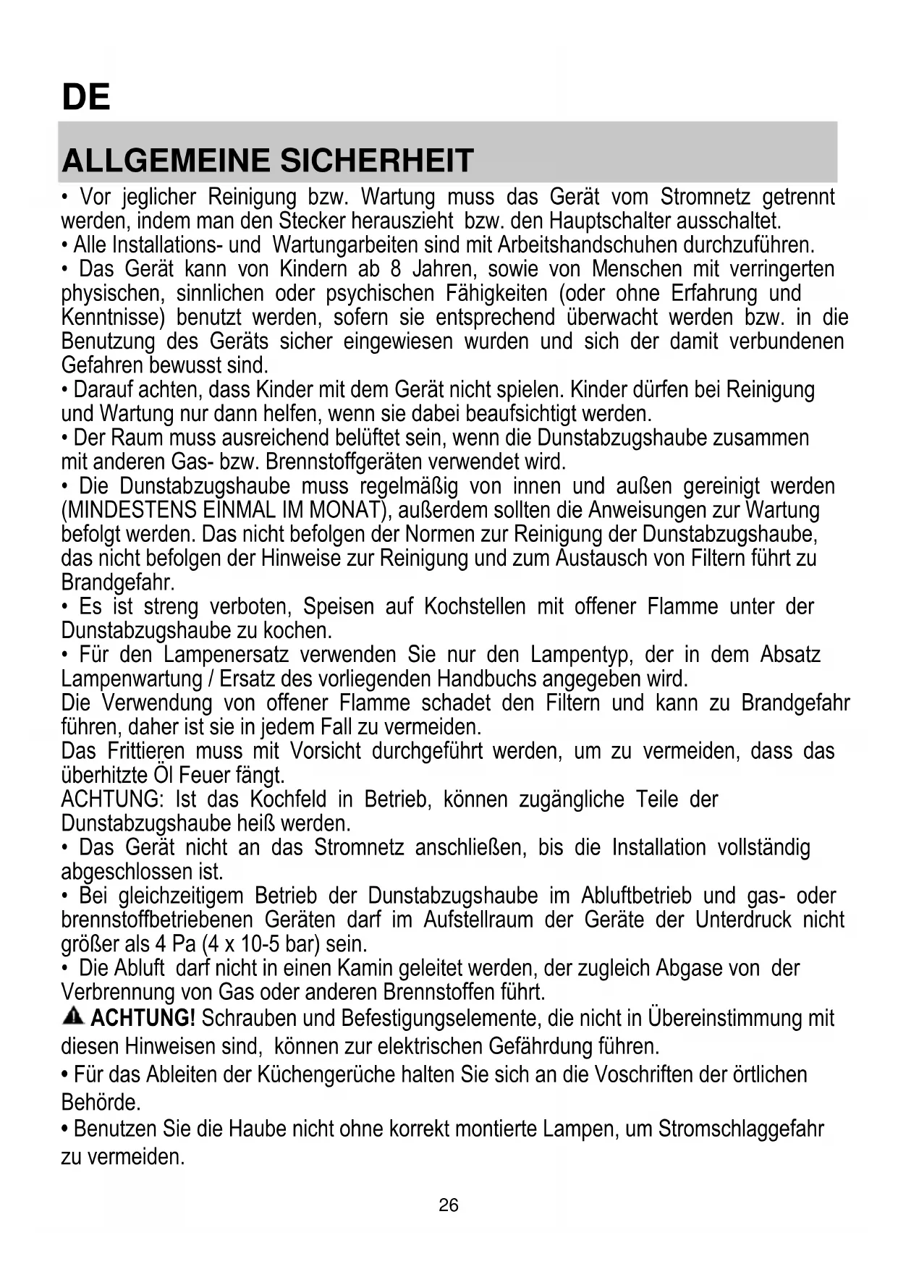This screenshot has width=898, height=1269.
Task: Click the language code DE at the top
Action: [x=86, y=97]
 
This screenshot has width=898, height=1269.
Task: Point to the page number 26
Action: [x=449, y=1205]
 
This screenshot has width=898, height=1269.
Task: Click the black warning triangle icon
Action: [x=73, y=1017]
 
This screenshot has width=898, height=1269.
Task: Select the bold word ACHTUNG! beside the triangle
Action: [x=143, y=1018]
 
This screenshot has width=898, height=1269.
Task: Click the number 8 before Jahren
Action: [x=396, y=269]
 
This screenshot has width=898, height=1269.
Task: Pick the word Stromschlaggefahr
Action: [x=741, y=1129]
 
